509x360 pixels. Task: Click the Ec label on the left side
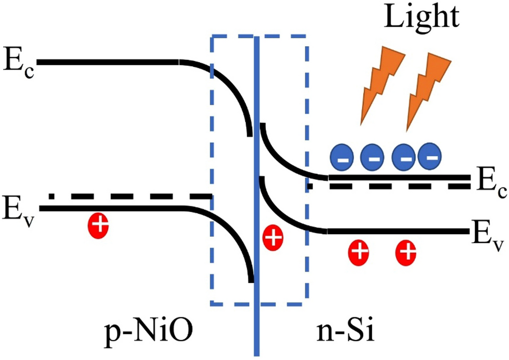point(19,64)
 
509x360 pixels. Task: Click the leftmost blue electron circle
point(341,156)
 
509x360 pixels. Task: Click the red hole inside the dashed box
point(273,238)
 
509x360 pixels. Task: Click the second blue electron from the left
point(371,156)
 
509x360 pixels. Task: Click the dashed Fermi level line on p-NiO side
point(132,196)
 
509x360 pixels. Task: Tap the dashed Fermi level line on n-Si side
point(390,186)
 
